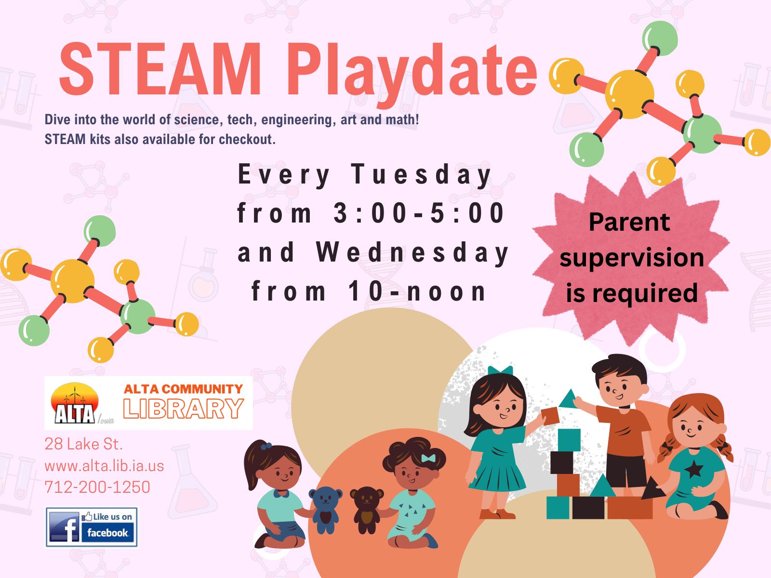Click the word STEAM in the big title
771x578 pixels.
pyautogui.click(x=160, y=69)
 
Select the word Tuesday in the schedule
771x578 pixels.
pyautogui.click(x=421, y=175)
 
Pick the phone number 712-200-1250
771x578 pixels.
pyautogui.click(x=97, y=487)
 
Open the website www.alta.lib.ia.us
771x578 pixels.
pyautogui.click(x=104, y=466)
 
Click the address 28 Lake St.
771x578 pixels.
pyautogui.click(x=83, y=444)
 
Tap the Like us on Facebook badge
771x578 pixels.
pyautogui.click(x=92, y=527)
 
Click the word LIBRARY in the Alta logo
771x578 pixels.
pyautogui.click(x=184, y=408)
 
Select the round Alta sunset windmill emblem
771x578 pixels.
pyautogui.click(x=75, y=403)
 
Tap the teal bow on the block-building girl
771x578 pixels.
pyautogui.click(x=500, y=370)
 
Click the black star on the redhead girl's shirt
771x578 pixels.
pyautogui.click(x=694, y=470)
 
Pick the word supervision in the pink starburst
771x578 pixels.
pyautogui.click(x=632, y=259)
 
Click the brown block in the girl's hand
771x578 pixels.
pyautogui.click(x=550, y=416)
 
